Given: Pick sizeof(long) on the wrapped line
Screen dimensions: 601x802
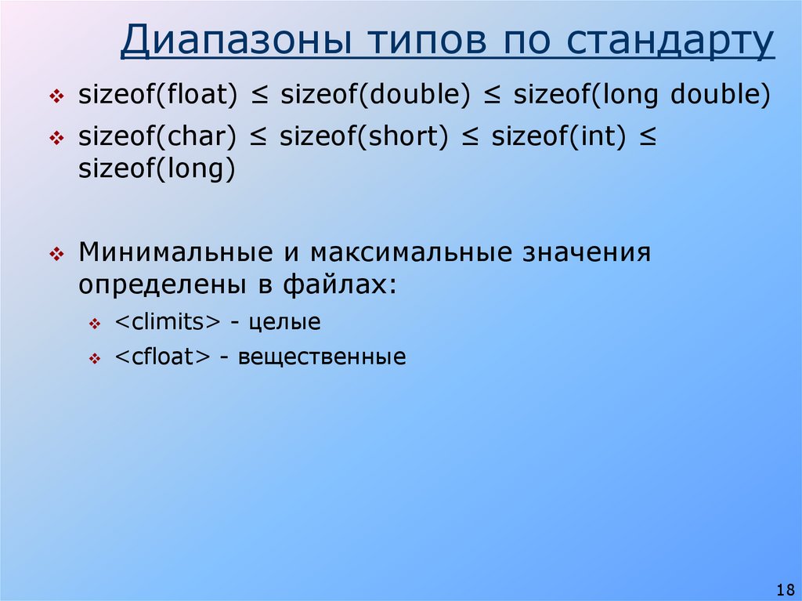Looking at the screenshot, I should (x=157, y=169).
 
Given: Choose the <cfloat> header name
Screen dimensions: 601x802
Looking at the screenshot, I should (x=163, y=357).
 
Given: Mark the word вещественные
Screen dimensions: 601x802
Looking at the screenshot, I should (x=322, y=357).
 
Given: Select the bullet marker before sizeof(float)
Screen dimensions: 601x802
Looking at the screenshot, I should (x=56, y=97).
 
